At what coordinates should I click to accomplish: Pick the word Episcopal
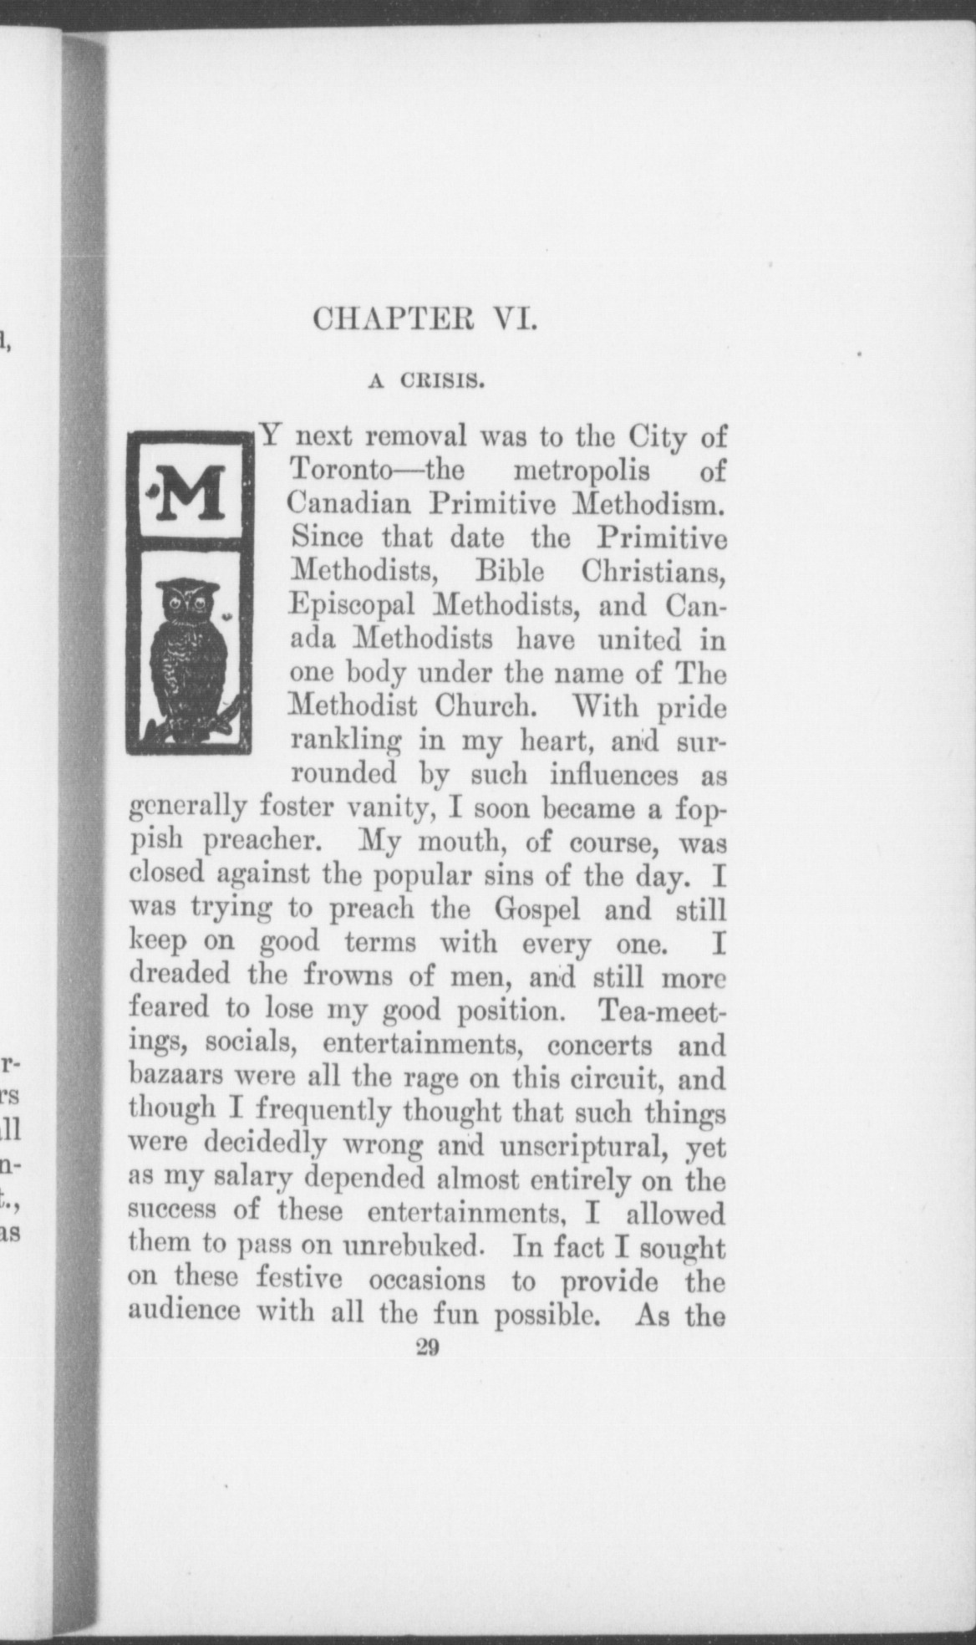click(351, 605)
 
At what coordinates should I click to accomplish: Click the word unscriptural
click(584, 1146)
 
